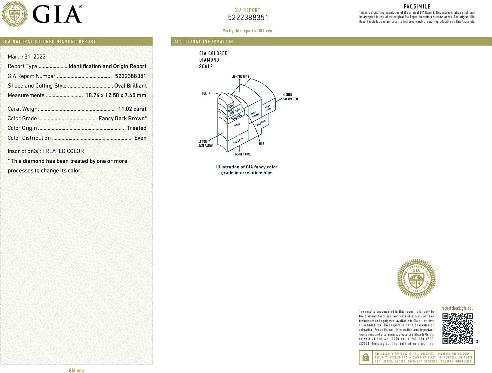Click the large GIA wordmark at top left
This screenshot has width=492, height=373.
tap(57, 14)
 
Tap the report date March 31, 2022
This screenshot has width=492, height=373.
tap(27, 57)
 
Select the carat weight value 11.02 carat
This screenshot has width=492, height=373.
tap(132, 109)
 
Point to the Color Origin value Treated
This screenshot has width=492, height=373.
tap(137, 128)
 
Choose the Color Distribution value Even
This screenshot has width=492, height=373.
tap(140, 138)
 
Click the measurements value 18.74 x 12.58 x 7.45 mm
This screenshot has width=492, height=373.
tap(116, 95)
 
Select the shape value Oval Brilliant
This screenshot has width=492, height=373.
tap(130, 86)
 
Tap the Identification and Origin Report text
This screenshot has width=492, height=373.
tap(107, 66)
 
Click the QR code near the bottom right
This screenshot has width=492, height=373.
tap(458, 328)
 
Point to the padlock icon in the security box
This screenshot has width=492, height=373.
tap(366, 357)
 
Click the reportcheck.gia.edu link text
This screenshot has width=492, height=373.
tap(457, 308)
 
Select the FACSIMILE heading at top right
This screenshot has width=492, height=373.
tap(417, 7)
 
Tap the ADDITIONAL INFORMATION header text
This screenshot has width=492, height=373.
tap(204, 42)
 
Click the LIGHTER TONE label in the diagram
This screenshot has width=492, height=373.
tap(240, 77)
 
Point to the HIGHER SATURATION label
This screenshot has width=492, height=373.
tap(290, 97)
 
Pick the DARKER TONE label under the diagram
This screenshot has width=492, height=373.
tap(243, 154)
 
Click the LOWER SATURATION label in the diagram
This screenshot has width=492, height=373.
tap(206, 143)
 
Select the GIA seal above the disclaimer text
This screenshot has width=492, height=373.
tap(416, 279)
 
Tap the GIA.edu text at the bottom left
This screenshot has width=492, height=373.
tap(76, 370)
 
